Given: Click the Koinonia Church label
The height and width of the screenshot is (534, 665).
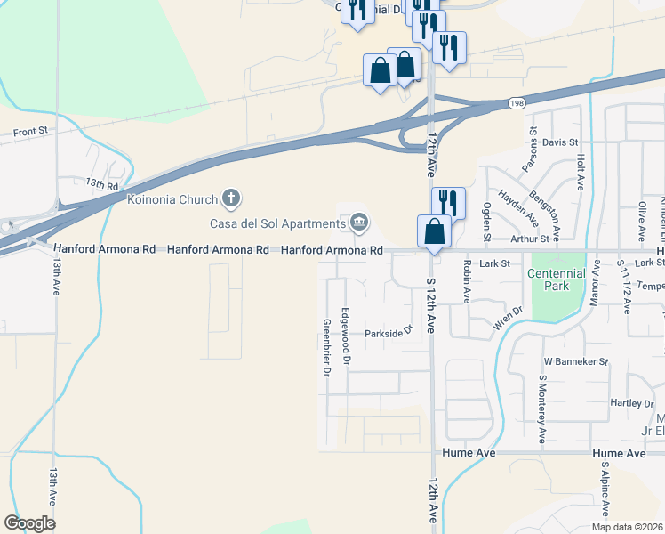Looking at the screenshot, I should pyautogui.click(x=172, y=198).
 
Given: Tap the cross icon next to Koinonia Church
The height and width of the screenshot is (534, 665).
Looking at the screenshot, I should pyautogui.click(x=230, y=198).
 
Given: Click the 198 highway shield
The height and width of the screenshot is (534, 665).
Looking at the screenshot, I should pyautogui.click(x=517, y=104).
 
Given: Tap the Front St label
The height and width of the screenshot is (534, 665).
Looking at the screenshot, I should pyautogui.click(x=30, y=132).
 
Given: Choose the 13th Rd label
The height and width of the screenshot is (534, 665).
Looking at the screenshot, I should pyautogui.click(x=102, y=184).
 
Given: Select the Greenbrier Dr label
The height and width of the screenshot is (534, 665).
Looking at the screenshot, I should pyautogui.click(x=326, y=348).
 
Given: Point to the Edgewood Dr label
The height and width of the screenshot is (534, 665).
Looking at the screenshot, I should pyautogui.click(x=348, y=336).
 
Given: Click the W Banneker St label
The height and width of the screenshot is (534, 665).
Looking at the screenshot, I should pyautogui.click(x=575, y=362).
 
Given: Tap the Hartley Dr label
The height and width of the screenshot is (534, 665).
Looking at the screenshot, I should pyautogui.click(x=633, y=403).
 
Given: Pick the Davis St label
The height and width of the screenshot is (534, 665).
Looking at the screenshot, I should pyautogui.click(x=560, y=142).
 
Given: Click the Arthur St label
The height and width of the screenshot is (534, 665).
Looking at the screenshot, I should pyautogui.click(x=531, y=239).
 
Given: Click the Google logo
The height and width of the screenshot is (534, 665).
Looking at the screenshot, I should pyautogui.click(x=29, y=522).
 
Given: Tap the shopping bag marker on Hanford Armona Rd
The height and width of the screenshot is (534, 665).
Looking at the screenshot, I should pyautogui.click(x=434, y=232).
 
